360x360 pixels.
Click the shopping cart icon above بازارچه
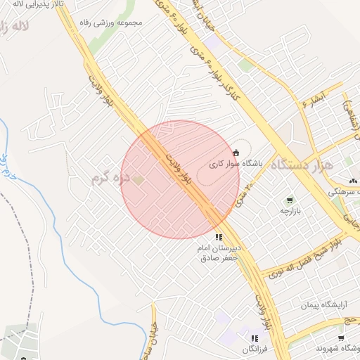290,200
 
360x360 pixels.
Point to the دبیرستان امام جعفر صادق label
219,254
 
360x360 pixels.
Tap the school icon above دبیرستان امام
219,238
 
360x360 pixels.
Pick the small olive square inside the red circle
139,181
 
